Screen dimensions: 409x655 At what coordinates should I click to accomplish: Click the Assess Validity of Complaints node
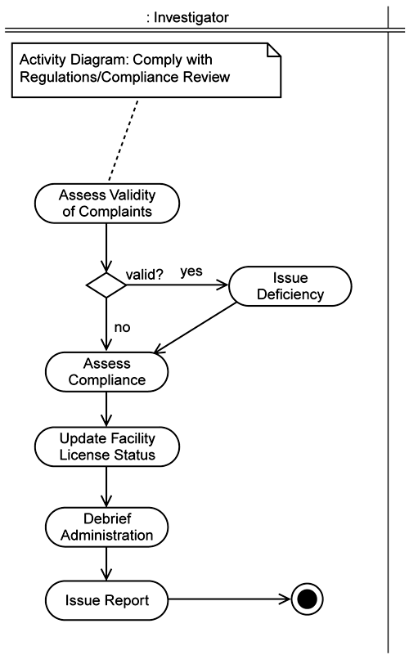(x=107, y=204)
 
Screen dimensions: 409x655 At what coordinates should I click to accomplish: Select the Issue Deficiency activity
(x=290, y=286)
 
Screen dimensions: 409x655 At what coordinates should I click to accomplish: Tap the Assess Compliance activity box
(x=107, y=372)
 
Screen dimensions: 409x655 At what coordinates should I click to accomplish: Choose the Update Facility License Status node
(x=107, y=446)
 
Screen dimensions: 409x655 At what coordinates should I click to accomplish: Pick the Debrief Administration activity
(x=107, y=527)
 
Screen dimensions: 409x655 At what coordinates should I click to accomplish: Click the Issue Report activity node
(x=107, y=600)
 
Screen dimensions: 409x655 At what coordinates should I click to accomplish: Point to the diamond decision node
(x=106, y=285)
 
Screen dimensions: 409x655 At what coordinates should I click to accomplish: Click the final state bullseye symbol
(x=307, y=599)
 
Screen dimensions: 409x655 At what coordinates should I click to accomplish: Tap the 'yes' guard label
(x=191, y=271)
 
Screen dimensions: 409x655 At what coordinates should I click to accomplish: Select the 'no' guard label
(x=122, y=327)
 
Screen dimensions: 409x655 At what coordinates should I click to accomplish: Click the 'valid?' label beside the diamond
(x=145, y=275)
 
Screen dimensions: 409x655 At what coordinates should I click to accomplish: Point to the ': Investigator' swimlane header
(x=187, y=17)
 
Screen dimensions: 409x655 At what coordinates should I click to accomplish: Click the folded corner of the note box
(x=274, y=50)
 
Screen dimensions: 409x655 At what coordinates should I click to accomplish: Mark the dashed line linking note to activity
(x=124, y=141)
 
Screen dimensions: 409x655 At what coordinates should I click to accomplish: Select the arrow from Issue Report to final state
(x=229, y=599)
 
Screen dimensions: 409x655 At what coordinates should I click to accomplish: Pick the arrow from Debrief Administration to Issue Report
(x=106, y=563)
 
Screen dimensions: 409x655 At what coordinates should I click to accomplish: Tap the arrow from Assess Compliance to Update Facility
(x=106, y=409)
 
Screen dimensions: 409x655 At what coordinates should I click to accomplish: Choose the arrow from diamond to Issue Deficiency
(x=178, y=285)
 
